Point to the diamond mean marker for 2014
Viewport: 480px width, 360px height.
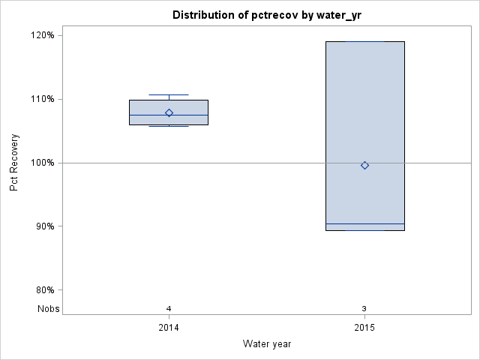[169, 113]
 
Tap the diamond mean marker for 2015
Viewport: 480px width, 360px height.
[364, 165]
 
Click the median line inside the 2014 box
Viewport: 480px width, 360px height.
[150, 115]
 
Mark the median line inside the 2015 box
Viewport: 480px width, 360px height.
[345, 223]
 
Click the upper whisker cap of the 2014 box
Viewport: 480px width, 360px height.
[169, 95]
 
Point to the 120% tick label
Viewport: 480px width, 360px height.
[41, 35]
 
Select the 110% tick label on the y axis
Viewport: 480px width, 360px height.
[41, 99]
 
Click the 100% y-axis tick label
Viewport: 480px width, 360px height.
[41, 163]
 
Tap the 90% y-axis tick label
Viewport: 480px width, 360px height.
[43, 226]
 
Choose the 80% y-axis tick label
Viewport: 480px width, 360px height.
[43, 290]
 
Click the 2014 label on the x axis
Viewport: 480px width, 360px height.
[169, 328]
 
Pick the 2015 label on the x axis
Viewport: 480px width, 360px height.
[364, 328]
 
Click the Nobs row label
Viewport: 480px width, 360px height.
[49, 308]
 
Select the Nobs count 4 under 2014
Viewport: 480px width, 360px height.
[169, 308]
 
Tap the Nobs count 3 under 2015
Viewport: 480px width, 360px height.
[364, 308]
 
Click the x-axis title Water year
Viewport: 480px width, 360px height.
[267, 344]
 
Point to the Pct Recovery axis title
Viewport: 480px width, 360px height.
[14, 163]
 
